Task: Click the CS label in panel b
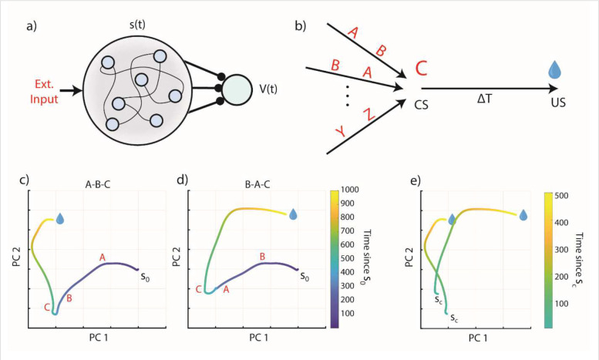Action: pos(422,103)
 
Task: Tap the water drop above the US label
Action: pos(555,72)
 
